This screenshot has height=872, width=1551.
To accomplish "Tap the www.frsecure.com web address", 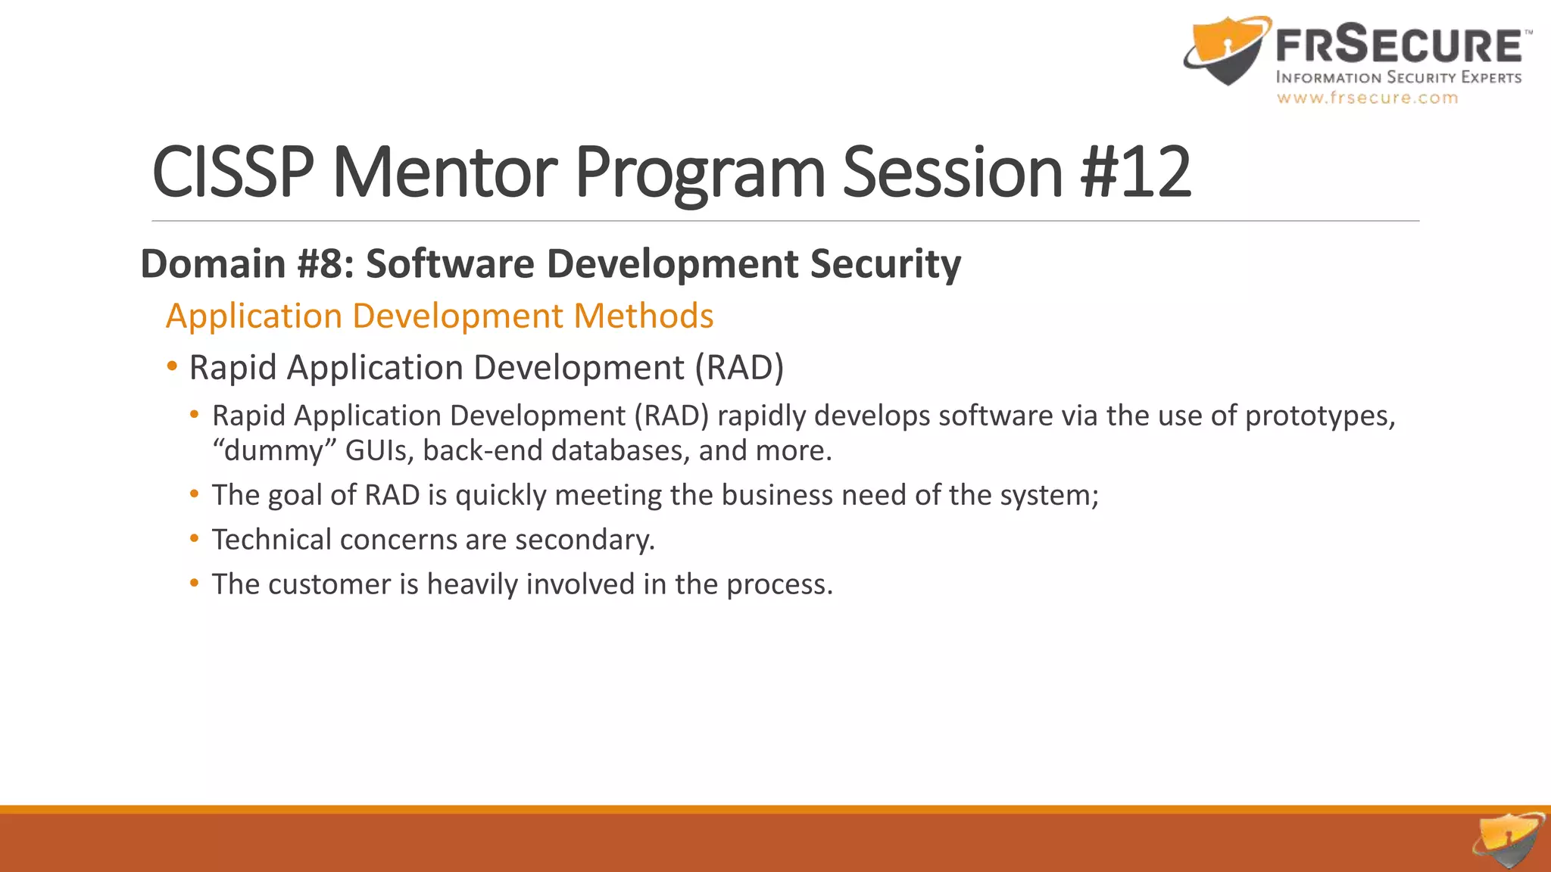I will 1367,98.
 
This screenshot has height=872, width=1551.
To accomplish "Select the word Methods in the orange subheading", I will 643,316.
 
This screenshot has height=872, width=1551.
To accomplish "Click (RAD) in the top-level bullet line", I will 739,368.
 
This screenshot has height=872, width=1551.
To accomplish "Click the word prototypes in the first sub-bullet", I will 1319,416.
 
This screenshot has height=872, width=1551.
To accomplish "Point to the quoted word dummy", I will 274,450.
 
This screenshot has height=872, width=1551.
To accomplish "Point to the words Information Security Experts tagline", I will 1398,77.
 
